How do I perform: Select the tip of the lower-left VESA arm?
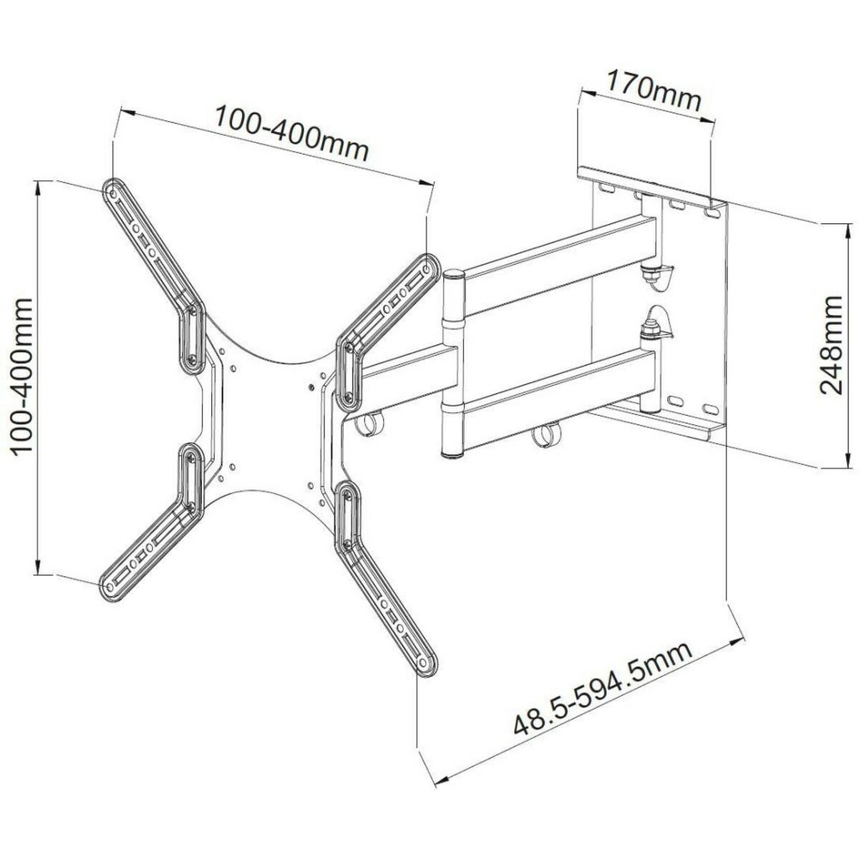(x=110, y=586)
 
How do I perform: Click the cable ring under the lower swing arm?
(x=550, y=435)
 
